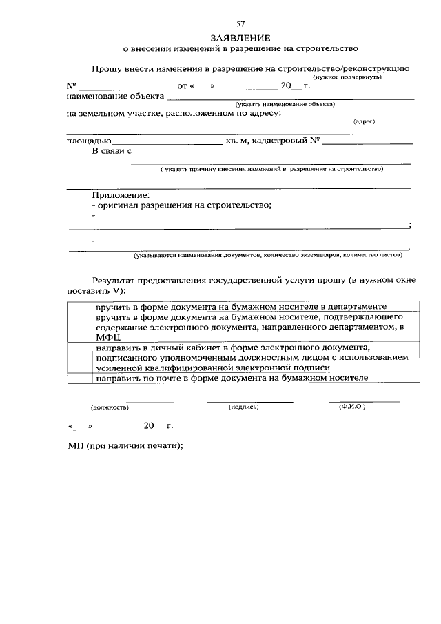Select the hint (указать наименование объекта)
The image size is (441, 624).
pos(284,104)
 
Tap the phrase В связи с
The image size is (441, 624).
pos(112,150)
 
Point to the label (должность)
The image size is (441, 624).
pos(110,407)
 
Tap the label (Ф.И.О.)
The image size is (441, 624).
pos(352,407)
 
